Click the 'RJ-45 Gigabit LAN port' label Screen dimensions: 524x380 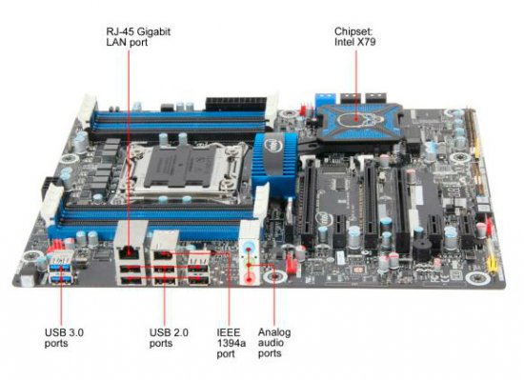138,37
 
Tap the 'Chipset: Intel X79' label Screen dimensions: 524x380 355,36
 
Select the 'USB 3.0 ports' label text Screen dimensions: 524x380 64,337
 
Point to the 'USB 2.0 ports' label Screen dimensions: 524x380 169,337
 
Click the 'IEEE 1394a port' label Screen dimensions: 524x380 231,343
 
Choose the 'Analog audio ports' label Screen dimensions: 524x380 274,343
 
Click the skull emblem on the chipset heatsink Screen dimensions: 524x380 356,118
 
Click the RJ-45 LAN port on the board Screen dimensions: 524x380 129,251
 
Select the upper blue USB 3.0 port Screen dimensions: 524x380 60,267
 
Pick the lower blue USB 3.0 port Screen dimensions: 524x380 61,279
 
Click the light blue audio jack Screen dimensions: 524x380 248,248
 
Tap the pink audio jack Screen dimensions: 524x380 249,278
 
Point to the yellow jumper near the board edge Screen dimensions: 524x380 492,264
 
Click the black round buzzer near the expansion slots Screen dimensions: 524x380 421,249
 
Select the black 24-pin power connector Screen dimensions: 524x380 235,104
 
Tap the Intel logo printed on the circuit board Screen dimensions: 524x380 324,219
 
